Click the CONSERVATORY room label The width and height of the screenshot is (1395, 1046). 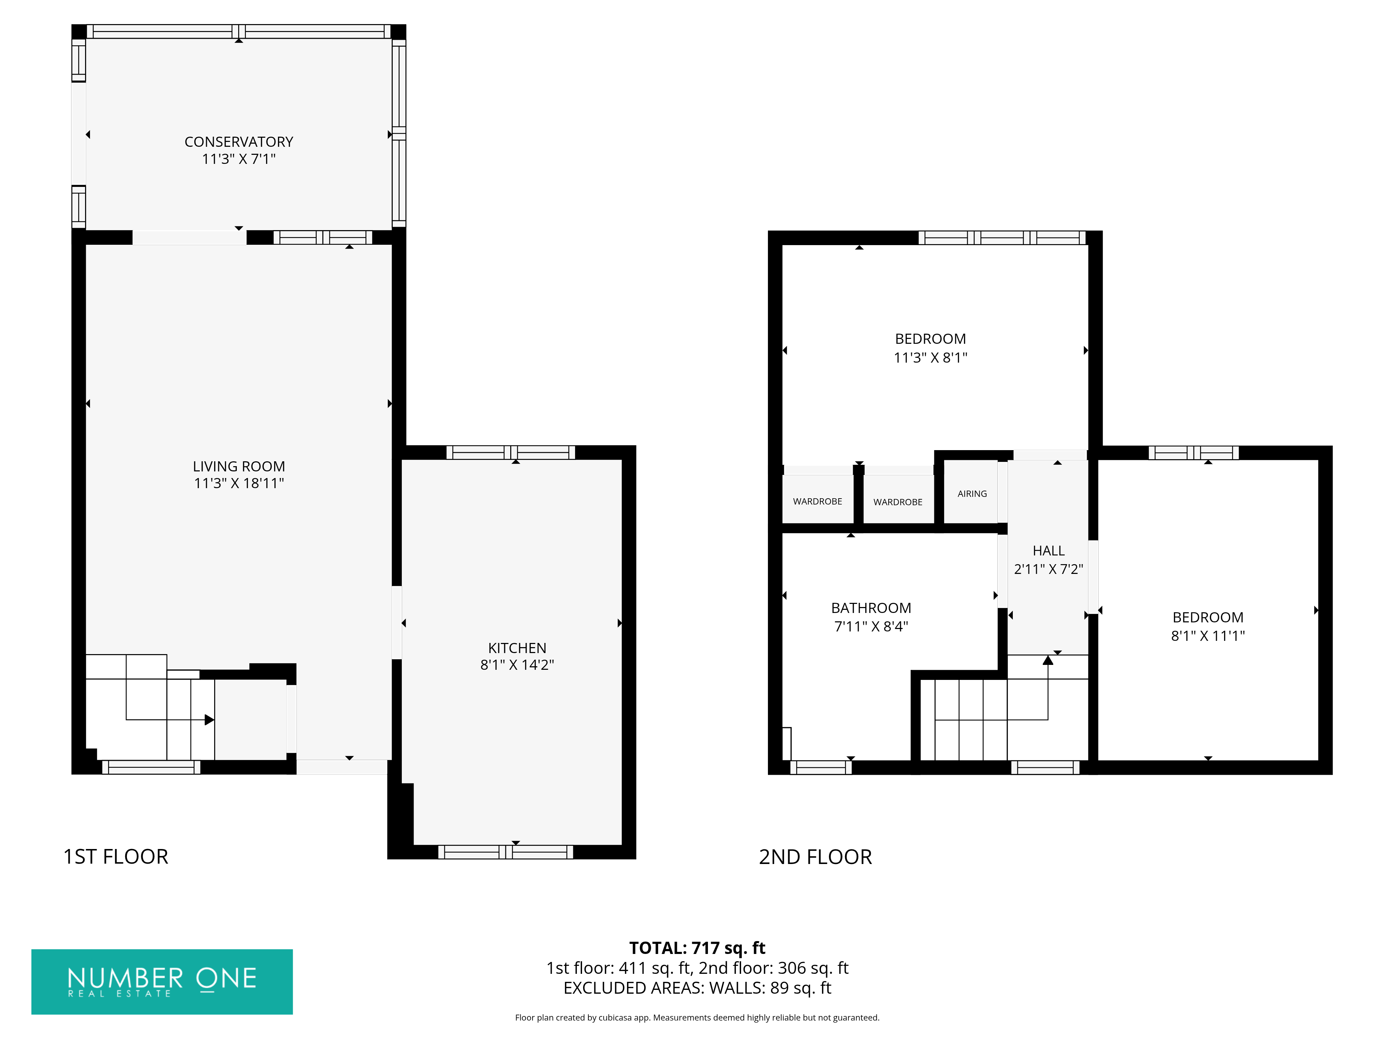[239, 142]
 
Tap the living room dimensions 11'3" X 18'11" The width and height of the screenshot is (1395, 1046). [239, 484]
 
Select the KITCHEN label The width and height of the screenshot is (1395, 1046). [517, 648]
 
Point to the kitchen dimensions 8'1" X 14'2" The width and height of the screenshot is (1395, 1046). [517, 665]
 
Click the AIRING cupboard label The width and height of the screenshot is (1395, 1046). [972, 494]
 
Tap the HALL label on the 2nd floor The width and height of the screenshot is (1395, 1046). [1048, 551]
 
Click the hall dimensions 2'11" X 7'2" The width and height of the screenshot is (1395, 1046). [1048, 569]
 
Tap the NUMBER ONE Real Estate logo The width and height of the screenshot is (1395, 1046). [162, 982]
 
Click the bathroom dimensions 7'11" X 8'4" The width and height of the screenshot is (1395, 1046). [871, 627]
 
